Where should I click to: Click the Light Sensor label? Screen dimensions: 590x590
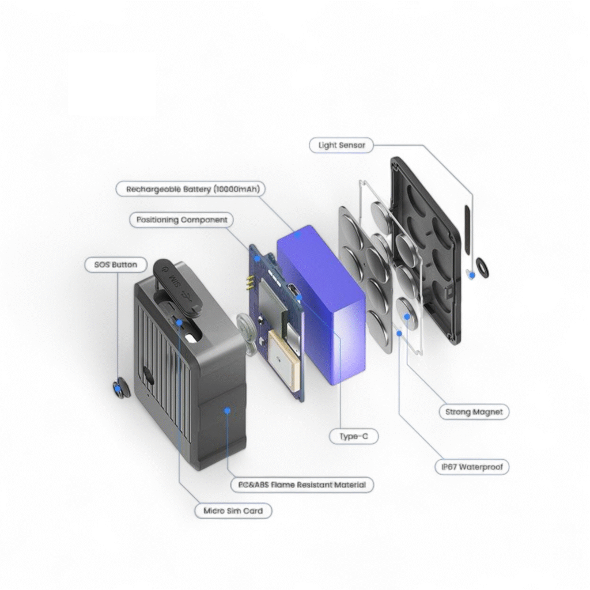[342, 145]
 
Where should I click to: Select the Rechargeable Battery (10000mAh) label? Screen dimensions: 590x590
[188, 189]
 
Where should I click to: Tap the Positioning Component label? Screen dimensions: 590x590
[181, 220]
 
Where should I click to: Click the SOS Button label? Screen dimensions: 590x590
[116, 265]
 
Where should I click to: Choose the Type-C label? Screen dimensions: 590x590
[354, 437]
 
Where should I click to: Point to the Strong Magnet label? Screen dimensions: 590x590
[474, 412]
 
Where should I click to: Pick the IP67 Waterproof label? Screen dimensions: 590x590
[471, 467]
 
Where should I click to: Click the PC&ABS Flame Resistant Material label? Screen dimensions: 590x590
[302, 485]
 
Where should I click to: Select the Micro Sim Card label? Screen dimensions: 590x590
[233, 511]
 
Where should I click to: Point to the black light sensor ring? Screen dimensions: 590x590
[481, 267]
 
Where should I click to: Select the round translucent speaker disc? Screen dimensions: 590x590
[247, 328]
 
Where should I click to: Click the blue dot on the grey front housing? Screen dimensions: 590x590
[228, 411]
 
